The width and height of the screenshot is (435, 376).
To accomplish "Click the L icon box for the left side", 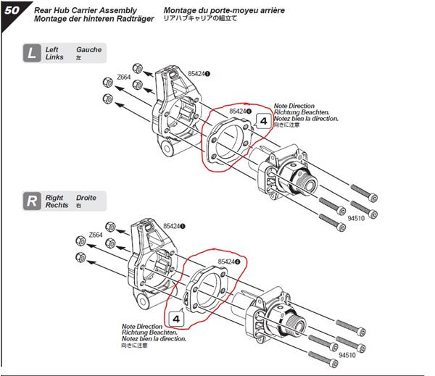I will coord(31,53).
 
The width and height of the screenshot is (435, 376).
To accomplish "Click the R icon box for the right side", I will coord(31,201).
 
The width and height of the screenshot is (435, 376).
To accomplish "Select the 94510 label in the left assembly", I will coord(357,217).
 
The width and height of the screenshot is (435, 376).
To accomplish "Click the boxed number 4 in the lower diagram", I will coord(176,317).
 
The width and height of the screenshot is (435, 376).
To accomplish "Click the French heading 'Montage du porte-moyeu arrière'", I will coord(224,10).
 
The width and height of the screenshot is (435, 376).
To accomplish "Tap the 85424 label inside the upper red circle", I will coord(239,112).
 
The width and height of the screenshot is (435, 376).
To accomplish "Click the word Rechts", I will coord(57,205).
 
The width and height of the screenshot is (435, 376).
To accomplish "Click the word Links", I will coord(54,57).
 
